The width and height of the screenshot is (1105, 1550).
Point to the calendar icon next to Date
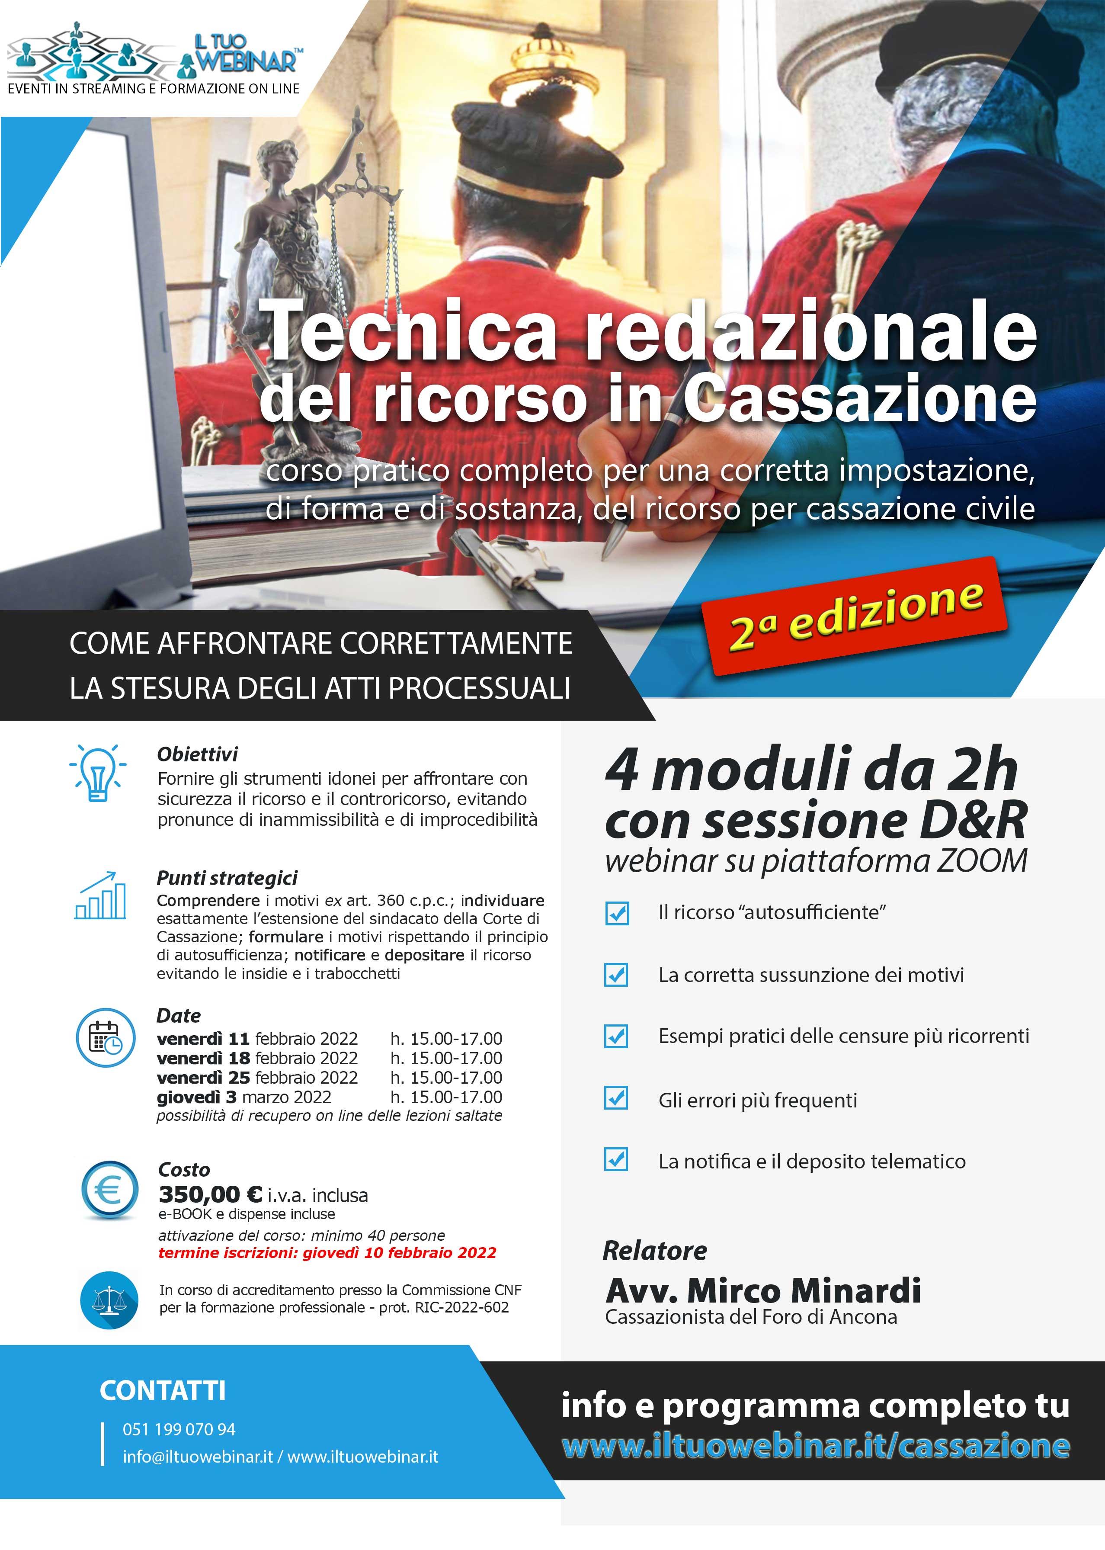tap(106, 1038)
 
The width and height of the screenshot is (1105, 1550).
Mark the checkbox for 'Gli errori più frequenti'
tap(616, 1098)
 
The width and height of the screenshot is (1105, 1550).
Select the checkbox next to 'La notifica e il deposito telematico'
tap(616, 1159)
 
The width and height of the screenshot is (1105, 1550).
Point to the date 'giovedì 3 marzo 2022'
tap(243, 1097)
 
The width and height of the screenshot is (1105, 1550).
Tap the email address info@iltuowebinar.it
tap(197, 1457)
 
